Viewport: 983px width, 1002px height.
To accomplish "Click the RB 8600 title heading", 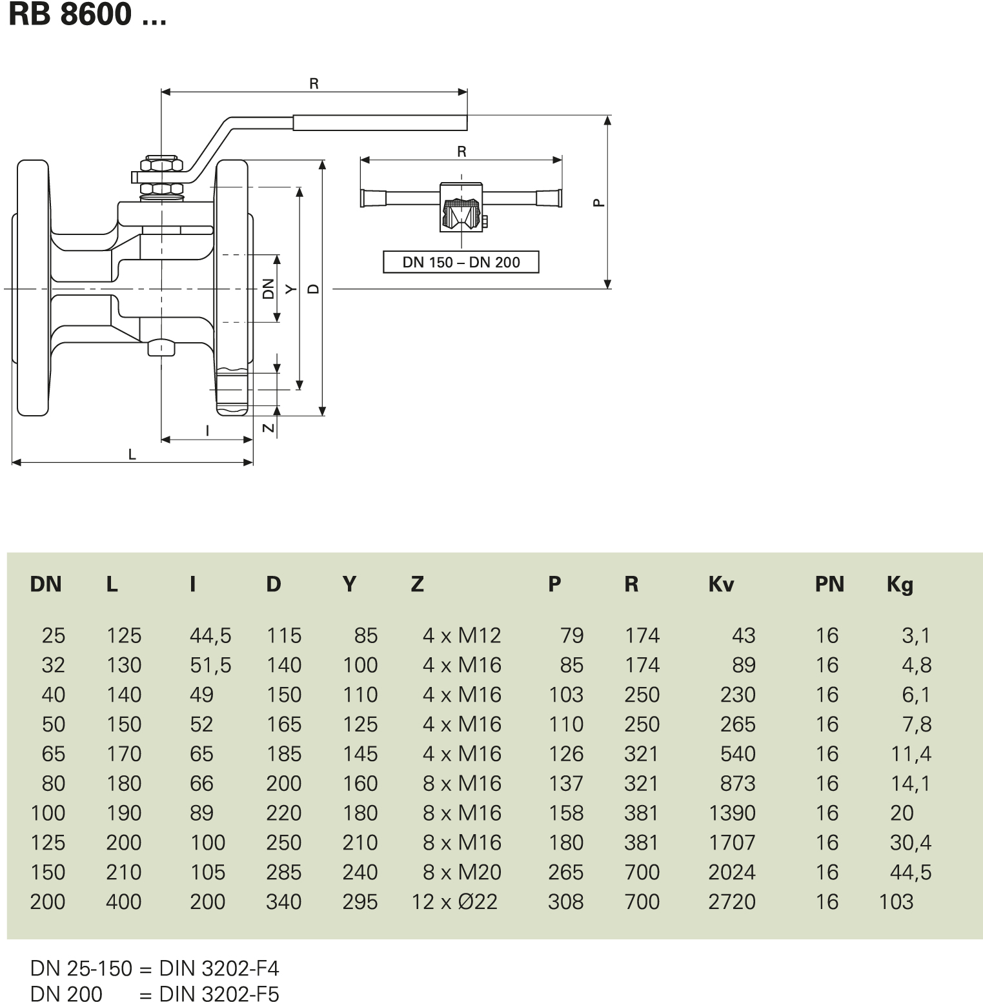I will (x=87, y=14).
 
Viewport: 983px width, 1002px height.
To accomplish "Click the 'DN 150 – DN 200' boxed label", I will (x=461, y=262).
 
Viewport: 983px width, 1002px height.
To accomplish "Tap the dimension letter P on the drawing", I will (x=598, y=203).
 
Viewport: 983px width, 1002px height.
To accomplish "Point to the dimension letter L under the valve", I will (x=132, y=455).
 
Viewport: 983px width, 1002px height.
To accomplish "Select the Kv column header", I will (x=721, y=584).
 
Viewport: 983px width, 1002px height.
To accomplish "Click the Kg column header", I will (x=900, y=585).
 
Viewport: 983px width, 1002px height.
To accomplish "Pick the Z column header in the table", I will (x=417, y=584).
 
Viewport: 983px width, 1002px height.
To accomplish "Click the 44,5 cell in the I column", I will (x=210, y=635).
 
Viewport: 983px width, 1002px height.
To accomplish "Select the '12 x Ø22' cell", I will (x=454, y=902).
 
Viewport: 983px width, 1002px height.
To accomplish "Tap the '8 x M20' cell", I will (x=461, y=872).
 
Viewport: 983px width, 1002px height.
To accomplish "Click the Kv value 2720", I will (x=731, y=902).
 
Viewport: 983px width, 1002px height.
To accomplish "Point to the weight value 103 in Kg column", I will (x=896, y=902).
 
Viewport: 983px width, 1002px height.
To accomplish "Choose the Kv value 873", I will (x=738, y=783).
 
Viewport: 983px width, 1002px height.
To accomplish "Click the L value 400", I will (x=123, y=902).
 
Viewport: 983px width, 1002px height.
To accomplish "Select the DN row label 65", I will (x=53, y=753).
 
